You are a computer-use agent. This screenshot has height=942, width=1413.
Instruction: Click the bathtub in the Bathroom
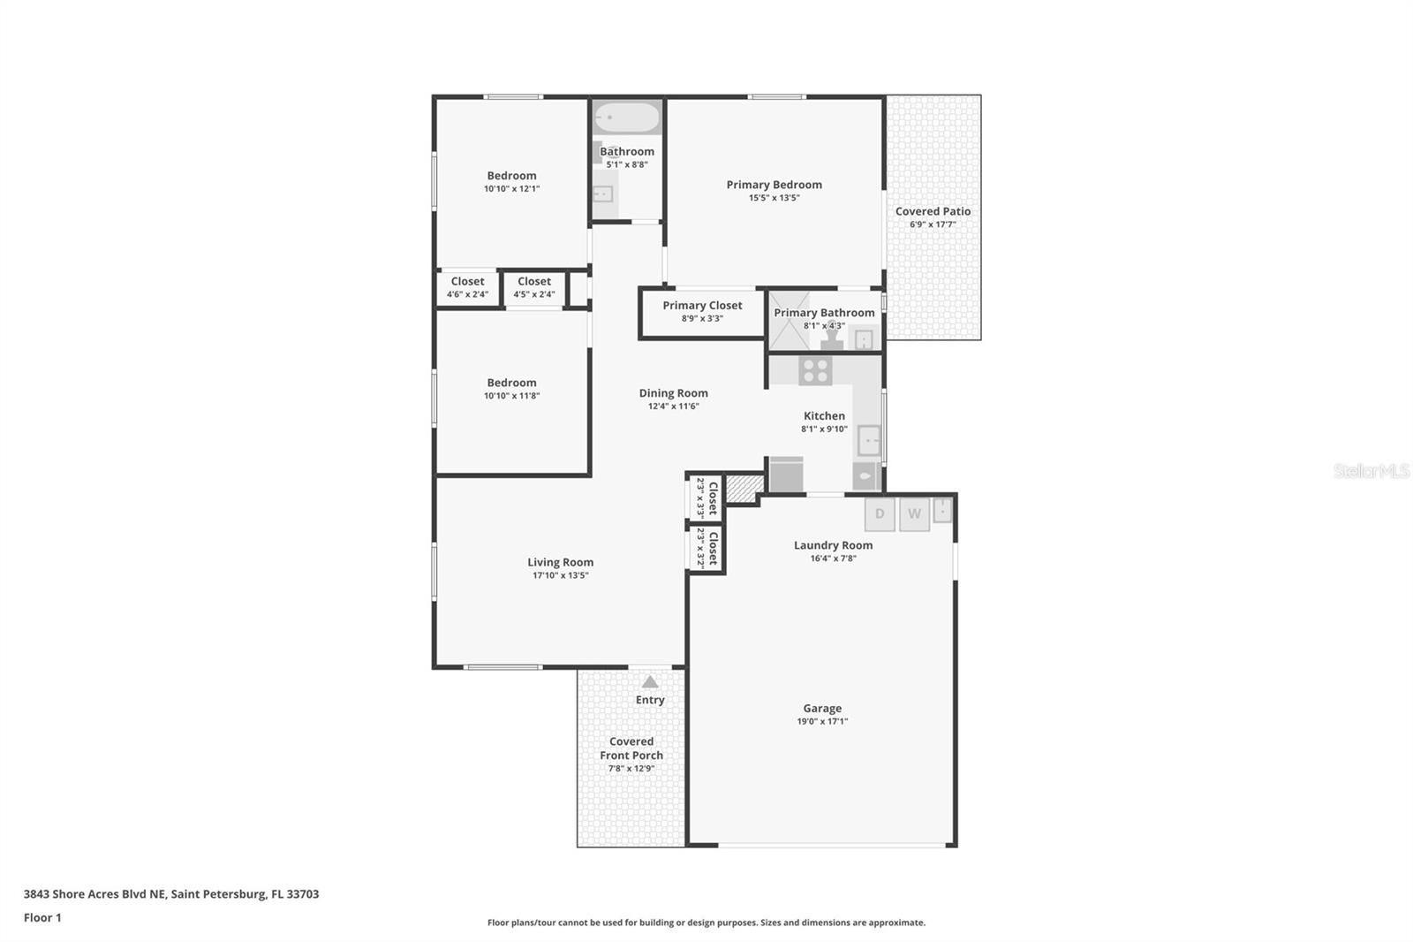click(x=626, y=118)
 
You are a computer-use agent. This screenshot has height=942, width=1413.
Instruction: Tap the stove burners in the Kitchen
click(x=815, y=370)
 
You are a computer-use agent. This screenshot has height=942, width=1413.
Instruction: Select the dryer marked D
click(x=880, y=514)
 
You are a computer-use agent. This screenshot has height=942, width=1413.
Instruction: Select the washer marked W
click(x=914, y=514)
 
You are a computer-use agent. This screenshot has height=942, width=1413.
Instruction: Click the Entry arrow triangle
click(x=650, y=682)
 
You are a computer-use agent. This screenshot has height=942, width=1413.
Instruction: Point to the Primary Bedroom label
click(x=774, y=185)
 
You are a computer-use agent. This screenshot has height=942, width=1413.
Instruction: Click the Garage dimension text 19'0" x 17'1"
click(x=822, y=721)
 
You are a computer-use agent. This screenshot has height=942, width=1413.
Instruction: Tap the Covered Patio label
click(x=933, y=211)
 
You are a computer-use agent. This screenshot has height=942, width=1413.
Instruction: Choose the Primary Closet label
click(x=702, y=306)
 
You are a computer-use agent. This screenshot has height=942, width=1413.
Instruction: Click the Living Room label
click(x=560, y=562)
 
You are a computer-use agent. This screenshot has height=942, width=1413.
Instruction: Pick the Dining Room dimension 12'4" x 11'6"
click(x=673, y=406)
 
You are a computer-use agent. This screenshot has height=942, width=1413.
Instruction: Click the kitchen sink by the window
click(x=869, y=439)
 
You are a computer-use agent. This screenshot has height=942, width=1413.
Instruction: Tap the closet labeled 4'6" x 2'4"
click(x=467, y=288)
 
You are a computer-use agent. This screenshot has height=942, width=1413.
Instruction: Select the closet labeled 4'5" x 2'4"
click(x=534, y=288)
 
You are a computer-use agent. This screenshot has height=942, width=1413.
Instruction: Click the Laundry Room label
click(x=833, y=545)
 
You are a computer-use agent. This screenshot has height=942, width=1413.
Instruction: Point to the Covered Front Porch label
click(x=631, y=748)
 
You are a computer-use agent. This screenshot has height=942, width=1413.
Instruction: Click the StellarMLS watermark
click(x=1371, y=471)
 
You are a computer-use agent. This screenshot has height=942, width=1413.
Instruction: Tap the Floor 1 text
click(x=42, y=917)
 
